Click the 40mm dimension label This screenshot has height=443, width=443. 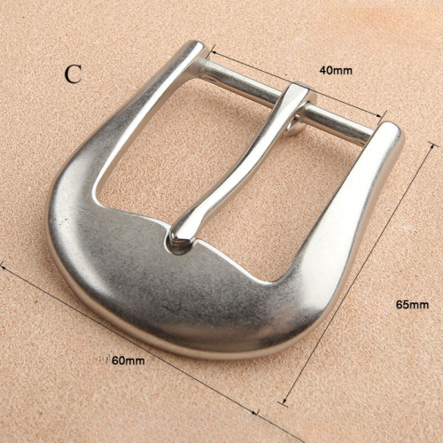[x=336, y=70]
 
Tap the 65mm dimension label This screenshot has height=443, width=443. [x=412, y=304]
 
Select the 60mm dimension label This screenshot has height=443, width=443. [x=128, y=361]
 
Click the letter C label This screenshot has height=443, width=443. [x=73, y=74]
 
